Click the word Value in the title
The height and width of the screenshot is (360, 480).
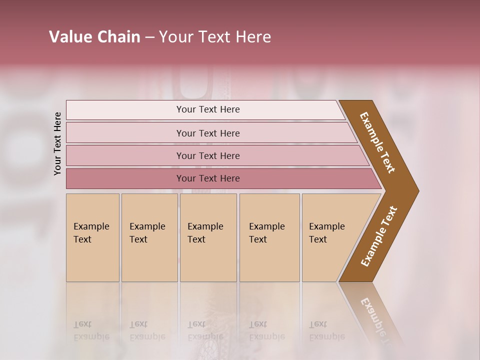point(69,37)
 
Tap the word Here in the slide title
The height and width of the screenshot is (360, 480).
point(254,37)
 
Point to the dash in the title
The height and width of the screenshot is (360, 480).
point(149,37)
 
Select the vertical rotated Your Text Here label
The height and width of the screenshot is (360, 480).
point(57,143)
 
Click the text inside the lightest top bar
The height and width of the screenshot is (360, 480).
point(208,109)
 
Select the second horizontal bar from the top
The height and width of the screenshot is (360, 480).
point(208,133)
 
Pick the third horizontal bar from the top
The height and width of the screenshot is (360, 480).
point(208,156)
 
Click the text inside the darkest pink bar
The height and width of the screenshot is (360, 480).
point(208,178)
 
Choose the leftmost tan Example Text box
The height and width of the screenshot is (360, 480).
point(92,237)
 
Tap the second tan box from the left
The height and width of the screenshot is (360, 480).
point(149,237)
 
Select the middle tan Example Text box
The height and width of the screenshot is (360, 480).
point(208,237)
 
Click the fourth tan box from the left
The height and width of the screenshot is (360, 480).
point(269,237)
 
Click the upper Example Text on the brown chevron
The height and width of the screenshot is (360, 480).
point(377,142)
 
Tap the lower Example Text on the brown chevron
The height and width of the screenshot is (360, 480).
point(379,236)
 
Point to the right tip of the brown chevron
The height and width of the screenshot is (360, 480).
point(417,190)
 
